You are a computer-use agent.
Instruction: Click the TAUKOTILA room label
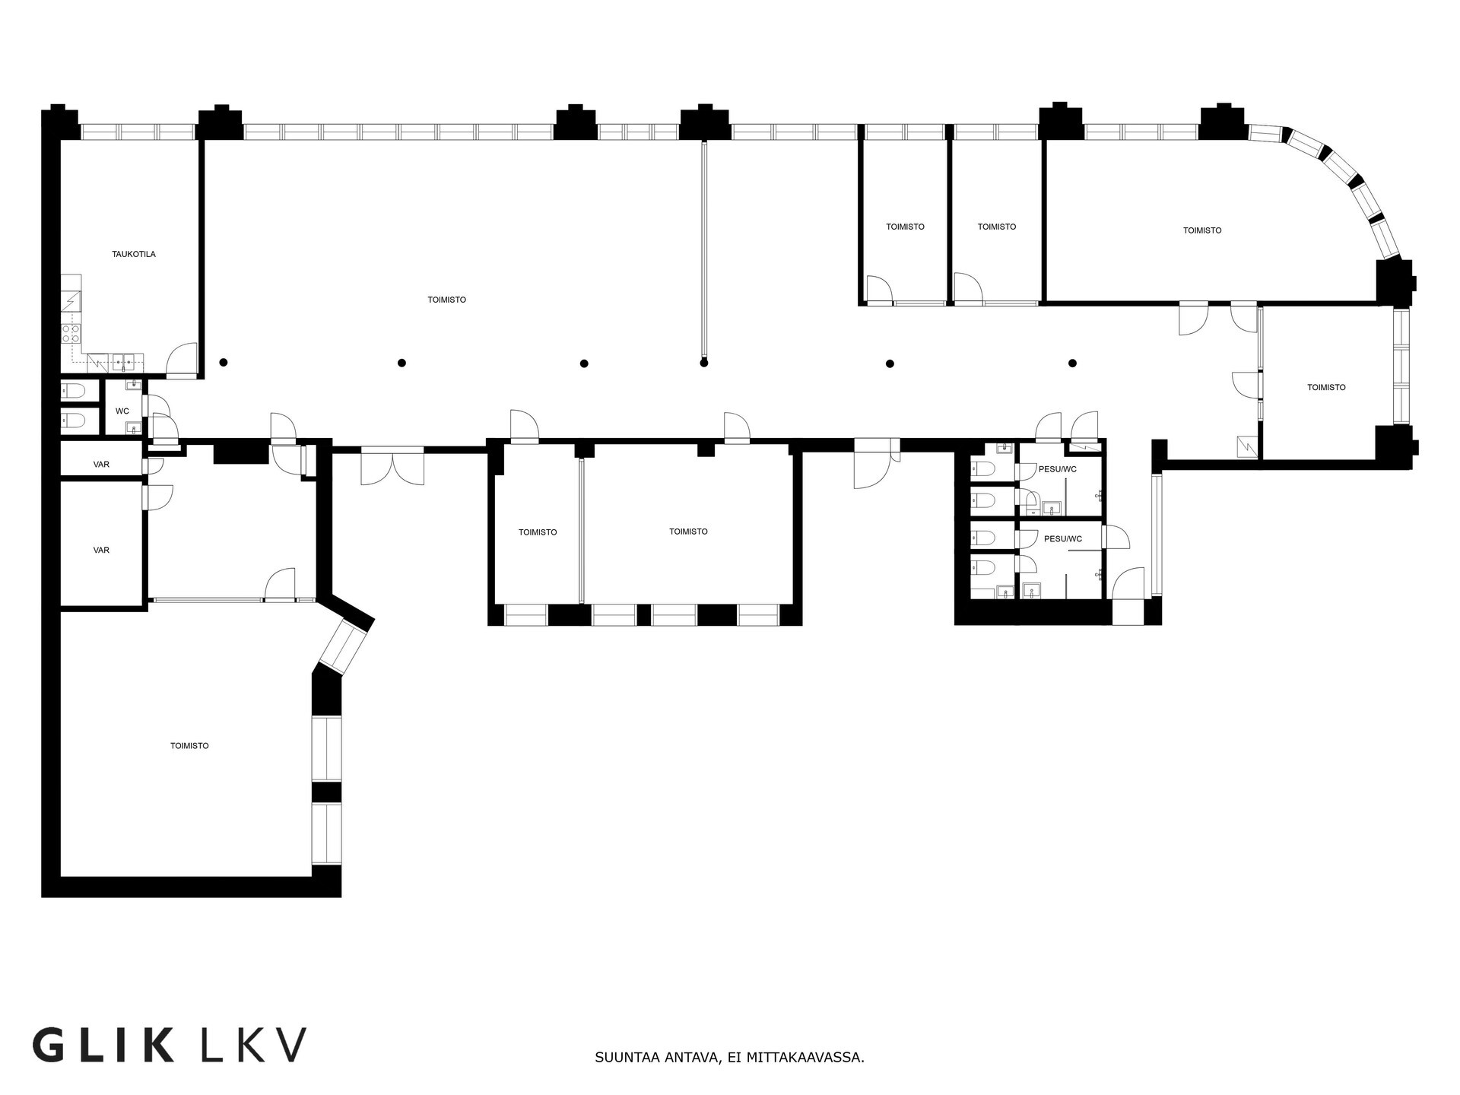point(133,254)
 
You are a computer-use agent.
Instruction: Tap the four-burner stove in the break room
point(71,333)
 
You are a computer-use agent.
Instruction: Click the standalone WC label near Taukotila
point(122,411)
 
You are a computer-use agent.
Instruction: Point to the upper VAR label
point(101,465)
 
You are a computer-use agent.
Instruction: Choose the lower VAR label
point(101,551)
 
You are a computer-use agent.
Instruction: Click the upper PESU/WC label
point(1058,469)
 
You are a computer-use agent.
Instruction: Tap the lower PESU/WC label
point(1063,539)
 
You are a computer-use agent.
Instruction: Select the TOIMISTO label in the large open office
point(447,300)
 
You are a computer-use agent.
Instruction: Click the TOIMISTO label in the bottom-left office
point(189,746)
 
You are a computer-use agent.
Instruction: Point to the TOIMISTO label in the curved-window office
point(1202,230)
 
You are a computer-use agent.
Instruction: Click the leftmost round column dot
point(224,363)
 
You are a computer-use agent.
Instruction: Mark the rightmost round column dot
point(1073,363)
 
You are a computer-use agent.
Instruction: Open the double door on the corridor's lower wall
point(392,466)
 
